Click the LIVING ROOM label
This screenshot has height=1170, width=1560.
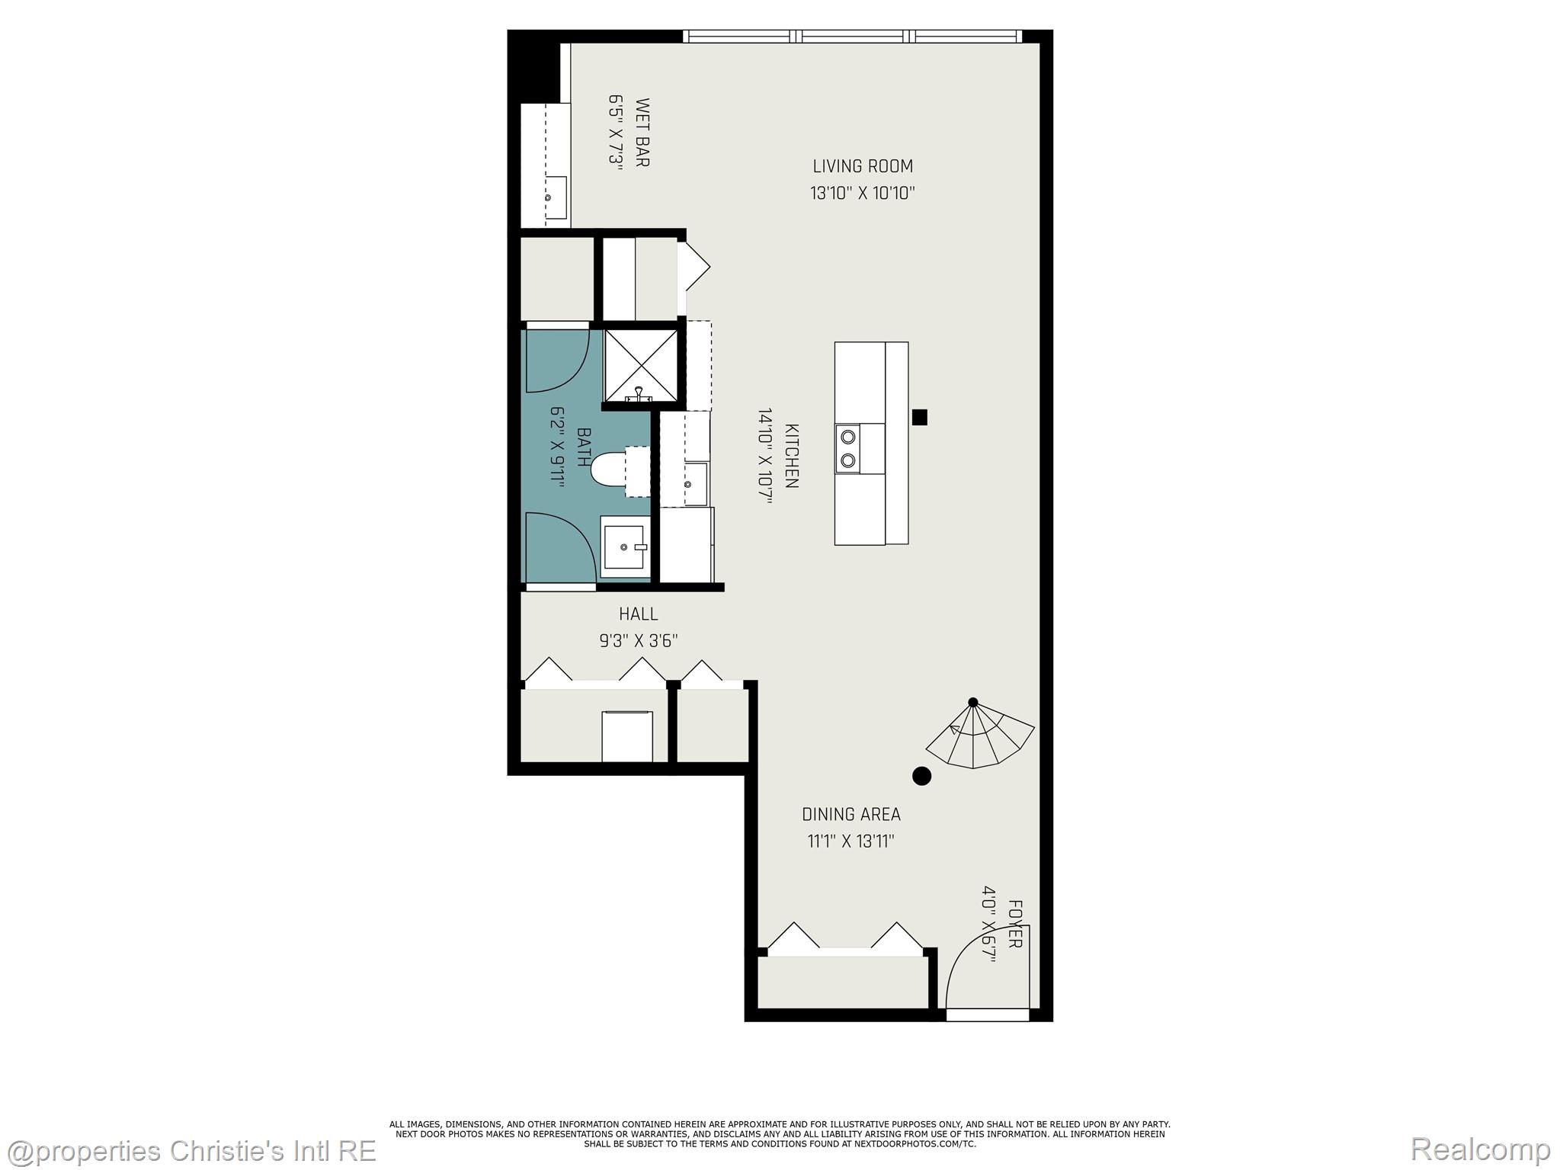862,166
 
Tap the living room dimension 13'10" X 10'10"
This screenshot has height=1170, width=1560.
862,193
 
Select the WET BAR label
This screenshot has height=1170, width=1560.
642,132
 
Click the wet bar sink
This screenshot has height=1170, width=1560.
556,197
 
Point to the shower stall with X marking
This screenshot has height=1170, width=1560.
639,365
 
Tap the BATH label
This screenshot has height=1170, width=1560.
584,447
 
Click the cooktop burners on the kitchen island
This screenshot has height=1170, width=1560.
847,448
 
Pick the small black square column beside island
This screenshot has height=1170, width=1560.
920,417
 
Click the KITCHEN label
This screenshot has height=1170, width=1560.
791,456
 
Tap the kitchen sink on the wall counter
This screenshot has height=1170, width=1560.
694,484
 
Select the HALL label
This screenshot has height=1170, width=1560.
638,614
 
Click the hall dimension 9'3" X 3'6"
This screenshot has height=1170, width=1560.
638,641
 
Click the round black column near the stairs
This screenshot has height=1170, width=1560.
922,776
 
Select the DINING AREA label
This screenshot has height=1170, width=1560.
850,814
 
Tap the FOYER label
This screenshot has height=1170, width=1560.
1014,924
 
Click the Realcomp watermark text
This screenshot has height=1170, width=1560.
1480,1149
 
